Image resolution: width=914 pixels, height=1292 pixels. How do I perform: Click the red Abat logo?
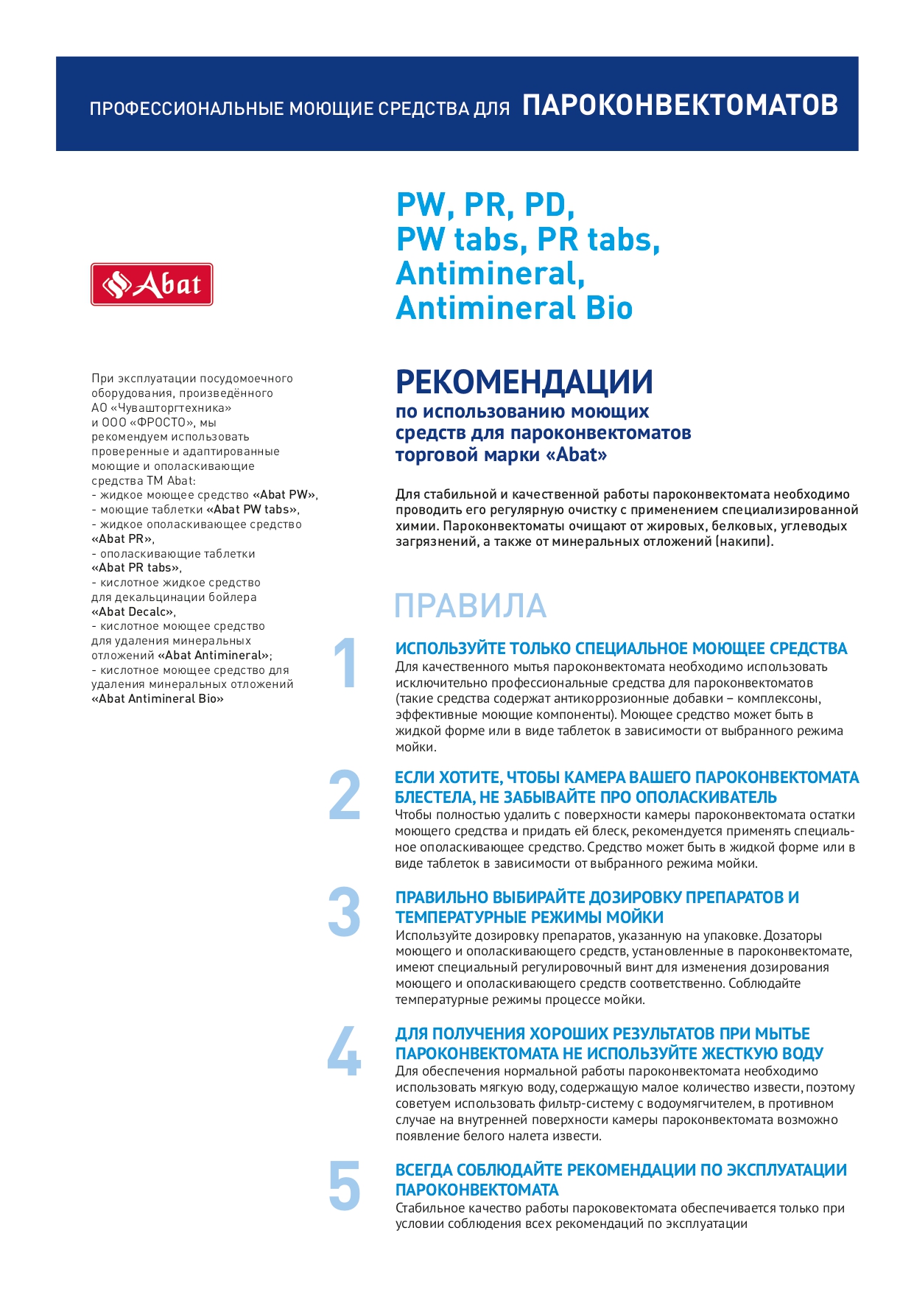pyautogui.click(x=152, y=284)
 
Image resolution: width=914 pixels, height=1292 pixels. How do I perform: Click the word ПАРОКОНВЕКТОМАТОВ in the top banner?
pyautogui.click(x=680, y=105)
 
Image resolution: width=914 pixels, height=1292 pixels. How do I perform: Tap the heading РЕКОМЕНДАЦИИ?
pyautogui.click(x=524, y=382)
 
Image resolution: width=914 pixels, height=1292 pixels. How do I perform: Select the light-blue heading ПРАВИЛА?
pyautogui.click(x=470, y=606)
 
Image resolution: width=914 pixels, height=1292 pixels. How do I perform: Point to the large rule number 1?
pyautogui.click(x=345, y=664)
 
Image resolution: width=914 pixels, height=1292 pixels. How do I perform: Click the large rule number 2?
pyautogui.click(x=345, y=795)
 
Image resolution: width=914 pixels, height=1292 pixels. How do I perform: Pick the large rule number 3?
pyautogui.click(x=345, y=913)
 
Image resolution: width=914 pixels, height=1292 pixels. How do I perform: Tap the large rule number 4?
pyautogui.click(x=345, y=1050)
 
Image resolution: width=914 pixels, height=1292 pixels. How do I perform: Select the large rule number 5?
pyautogui.click(x=345, y=1186)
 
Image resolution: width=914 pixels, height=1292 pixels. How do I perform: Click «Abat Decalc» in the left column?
pyautogui.click(x=133, y=612)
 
